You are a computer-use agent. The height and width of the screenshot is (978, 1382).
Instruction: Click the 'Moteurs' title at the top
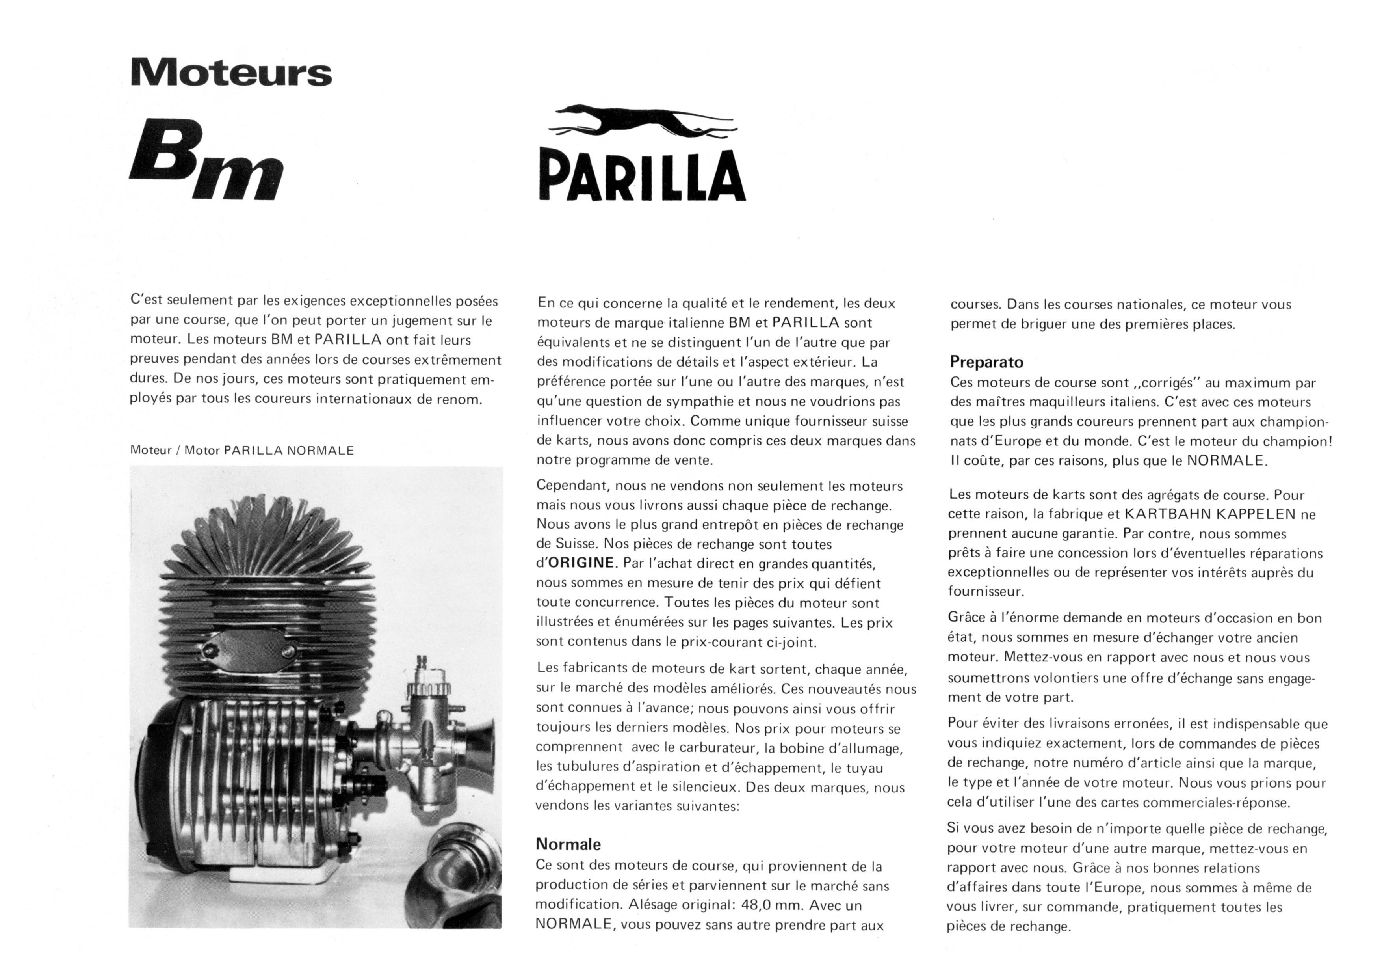click(230, 73)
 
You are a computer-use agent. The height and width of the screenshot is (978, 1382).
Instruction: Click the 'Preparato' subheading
click(986, 362)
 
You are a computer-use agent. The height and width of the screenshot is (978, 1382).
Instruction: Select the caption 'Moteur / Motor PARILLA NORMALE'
click(242, 451)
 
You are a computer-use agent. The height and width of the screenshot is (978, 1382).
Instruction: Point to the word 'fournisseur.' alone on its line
click(985, 591)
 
